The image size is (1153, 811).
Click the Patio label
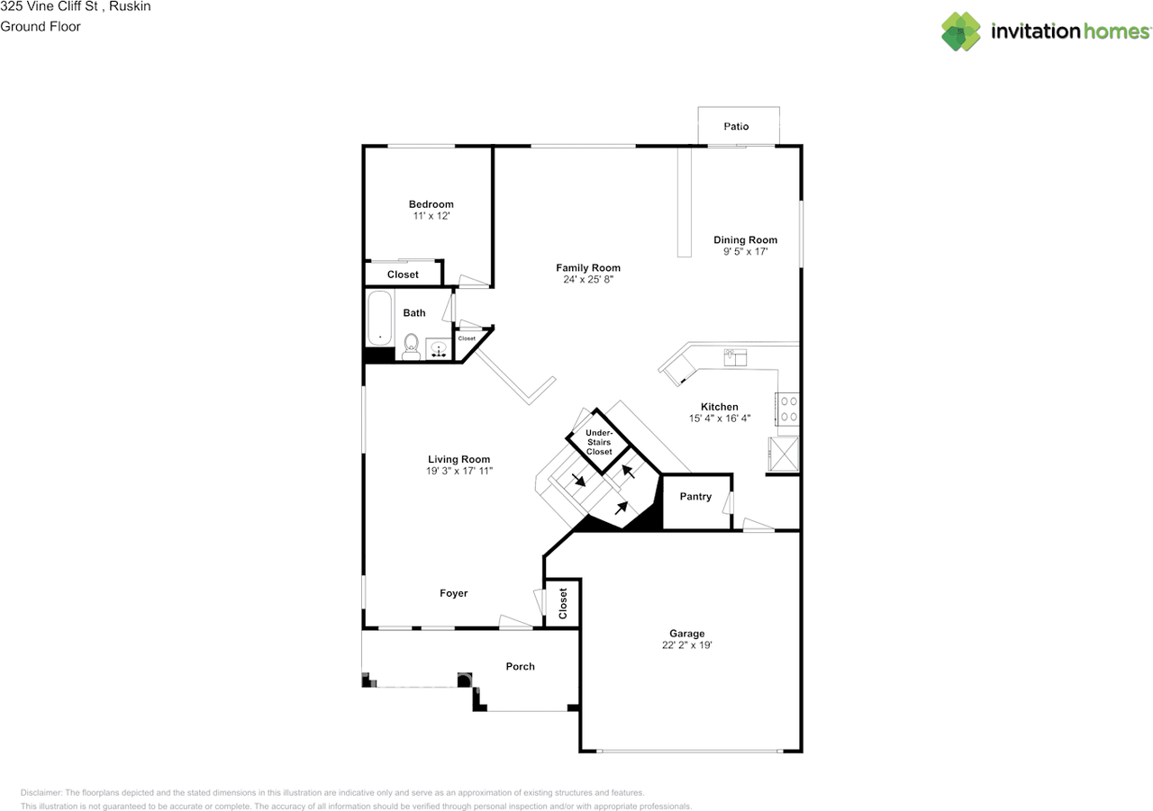[x=736, y=127]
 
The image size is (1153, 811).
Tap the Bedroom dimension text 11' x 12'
[x=431, y=217]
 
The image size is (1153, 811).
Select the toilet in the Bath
[x=411, y=346]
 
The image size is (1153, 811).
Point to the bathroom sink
[x=439, y=349]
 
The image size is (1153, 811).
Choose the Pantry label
[x=695, y=497]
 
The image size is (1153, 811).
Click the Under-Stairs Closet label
[x=599, y=442]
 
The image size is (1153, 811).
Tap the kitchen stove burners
[x=787, y=409]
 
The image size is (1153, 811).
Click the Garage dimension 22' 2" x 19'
[x=686, y=645]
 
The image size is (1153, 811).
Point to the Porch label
[x=520, y=667]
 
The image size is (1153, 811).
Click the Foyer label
[x=453, y=593]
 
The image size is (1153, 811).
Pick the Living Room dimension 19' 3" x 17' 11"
[x=459, y=471]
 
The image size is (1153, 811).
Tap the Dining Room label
[x=745, y=240]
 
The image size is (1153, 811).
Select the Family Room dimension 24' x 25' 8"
[x=587, y=280]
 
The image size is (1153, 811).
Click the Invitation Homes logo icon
[x=961, y=32]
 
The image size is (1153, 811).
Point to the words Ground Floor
[x=41, y=27]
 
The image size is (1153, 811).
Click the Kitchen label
[x=719, y=407]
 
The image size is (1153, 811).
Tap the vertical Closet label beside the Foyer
[x=564, y=603]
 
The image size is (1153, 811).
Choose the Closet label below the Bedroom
[x=403, y=275]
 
